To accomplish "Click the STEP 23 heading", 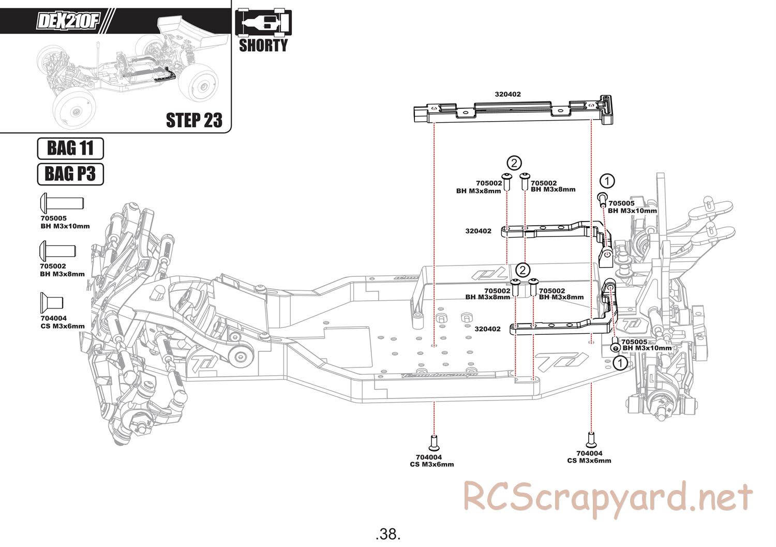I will [193, 120].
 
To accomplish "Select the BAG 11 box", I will [70, 149].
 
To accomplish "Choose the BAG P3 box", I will [70, 174].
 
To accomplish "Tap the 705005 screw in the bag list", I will [62, 203].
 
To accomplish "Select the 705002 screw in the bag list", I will [57, 252].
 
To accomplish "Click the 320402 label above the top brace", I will [508, 94].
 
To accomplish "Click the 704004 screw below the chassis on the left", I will [435, 443].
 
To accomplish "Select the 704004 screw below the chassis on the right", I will [591, 440].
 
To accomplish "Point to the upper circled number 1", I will [607, 181].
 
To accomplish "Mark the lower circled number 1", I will [620, 363].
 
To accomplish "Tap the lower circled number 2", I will [523, 270].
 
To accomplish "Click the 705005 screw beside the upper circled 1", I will [602, 199].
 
